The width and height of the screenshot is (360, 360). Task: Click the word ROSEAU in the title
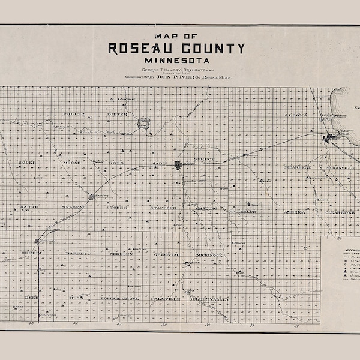[143, 49]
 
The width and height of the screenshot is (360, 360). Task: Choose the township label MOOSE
[72, 163]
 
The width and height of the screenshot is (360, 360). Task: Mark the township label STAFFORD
[163, 208]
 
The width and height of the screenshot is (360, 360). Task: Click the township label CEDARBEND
[298, 167]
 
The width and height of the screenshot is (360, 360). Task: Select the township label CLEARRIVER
[340, 212]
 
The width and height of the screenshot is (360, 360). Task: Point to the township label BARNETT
[75, 254]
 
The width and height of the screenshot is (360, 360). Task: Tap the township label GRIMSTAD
[167, 254]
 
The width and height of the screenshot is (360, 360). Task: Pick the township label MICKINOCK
[209, 255]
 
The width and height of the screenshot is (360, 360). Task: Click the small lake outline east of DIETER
[144, 123]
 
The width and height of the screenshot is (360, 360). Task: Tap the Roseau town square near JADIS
[178, 164]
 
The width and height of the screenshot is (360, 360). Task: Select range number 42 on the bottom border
[76, 324]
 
